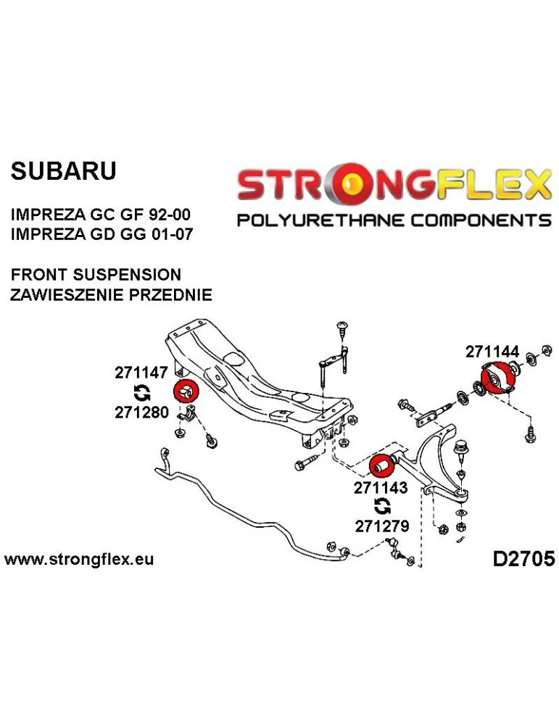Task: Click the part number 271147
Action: [141, 373]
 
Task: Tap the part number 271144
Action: [492, 352]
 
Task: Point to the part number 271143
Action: [381, 488]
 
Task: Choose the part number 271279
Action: [381, 526]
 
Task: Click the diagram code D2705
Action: [523, 559]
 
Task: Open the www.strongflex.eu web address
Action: [79, 560]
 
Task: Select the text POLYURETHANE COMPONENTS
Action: [394, 219]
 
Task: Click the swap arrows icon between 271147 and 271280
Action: [142, 393]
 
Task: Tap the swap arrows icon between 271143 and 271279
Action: [381, 507]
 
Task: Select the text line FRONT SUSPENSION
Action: [96, 275]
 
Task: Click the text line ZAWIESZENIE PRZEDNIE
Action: [111, 295]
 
